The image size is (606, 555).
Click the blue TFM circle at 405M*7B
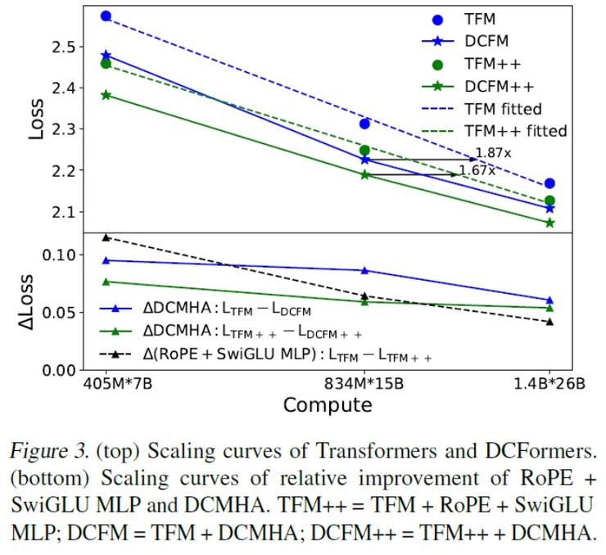click(106, 16)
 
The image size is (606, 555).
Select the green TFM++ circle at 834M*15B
click(365, 151)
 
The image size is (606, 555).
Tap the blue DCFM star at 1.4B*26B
click(549, 209)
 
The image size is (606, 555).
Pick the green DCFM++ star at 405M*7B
click(106, 95)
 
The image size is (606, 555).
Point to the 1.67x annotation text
click(477, 170)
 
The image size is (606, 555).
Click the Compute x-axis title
click(328, 405)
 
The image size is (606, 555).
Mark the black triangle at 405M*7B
click(106, 237)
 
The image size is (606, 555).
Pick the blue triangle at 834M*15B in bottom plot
click(365, 270)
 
